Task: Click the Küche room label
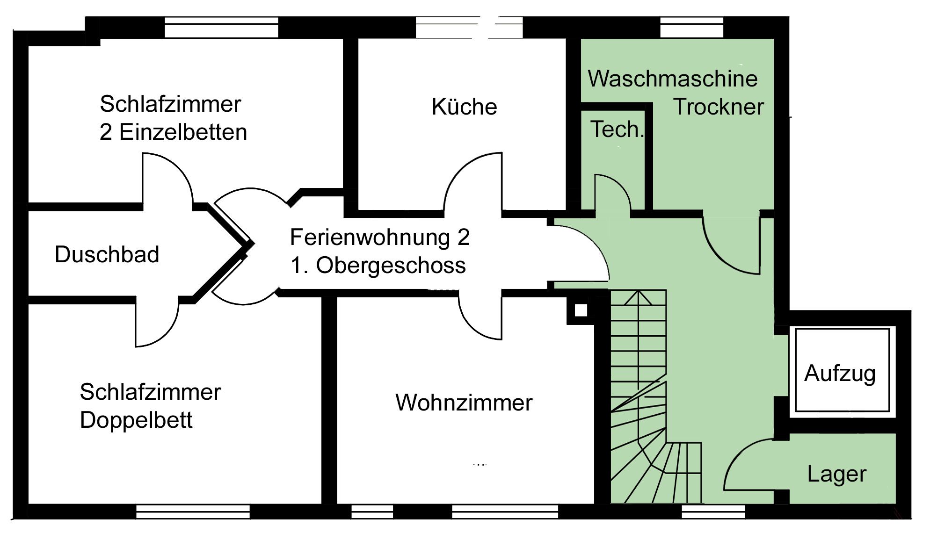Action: tap(464, 107)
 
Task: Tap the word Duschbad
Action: tap(107, 255)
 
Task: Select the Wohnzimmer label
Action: tap(464, 403)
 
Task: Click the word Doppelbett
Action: tap(136, 420)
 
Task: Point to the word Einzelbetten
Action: tap(183, 132)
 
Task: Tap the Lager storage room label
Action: tap(836, 474)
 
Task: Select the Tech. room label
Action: tap(616, 130)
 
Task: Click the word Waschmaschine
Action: tap(672, 79)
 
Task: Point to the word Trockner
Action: tap(718, 107)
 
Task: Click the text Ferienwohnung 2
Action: tap(379, 238)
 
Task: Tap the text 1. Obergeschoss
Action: tap(378, 266)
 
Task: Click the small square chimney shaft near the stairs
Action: tap(581, 310)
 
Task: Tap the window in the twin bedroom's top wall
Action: tap(221, 28)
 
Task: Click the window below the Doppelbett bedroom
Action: tap(193, 512)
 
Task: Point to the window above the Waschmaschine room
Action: tap(691, 28)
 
